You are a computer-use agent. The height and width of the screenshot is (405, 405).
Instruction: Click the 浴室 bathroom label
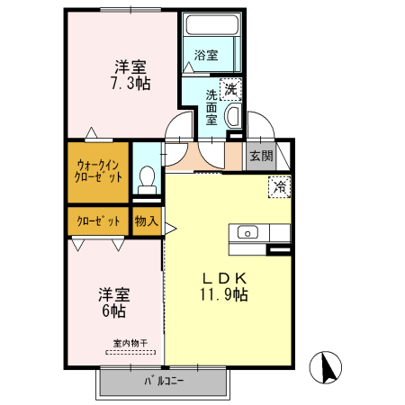206,56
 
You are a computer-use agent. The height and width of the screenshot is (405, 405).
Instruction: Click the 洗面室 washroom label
211,106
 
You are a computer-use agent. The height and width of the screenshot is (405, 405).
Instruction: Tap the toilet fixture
147,176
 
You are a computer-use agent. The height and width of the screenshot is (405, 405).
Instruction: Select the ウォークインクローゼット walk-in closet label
97,171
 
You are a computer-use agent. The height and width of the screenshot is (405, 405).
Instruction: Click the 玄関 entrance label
260,155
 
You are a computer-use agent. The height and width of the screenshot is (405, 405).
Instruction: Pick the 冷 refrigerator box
280,187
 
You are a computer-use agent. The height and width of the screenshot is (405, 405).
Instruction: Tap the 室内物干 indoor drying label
130,342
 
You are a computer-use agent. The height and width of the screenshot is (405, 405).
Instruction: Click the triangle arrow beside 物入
168,229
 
